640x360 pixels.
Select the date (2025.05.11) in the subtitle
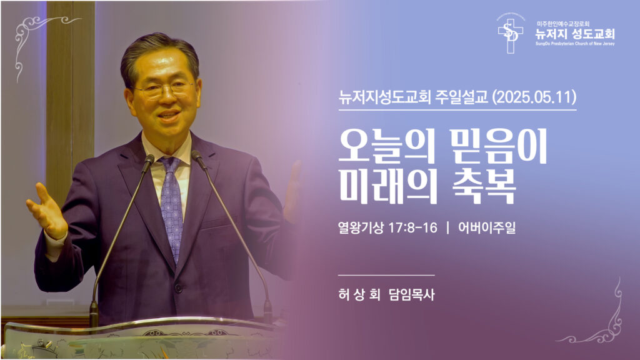[x=534, y=97]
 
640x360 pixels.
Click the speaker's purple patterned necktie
[x=171, y=200]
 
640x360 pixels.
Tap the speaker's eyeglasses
[x=163, y=89]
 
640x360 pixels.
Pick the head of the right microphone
[x=198, y=159]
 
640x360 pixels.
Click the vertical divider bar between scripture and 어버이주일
[x=447, y=228]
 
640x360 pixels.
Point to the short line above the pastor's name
[x=386, y=275]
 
